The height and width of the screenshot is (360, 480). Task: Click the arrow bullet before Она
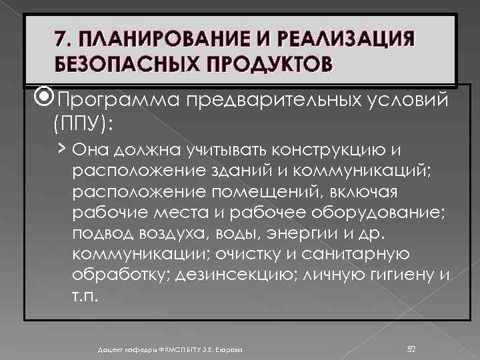pyautogui.click(x=61, y=147)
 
